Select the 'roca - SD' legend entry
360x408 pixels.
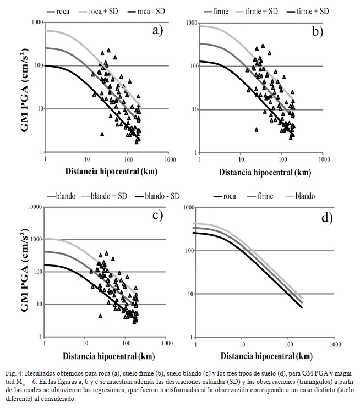[146, 12]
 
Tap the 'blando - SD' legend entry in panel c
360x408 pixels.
[157, 196]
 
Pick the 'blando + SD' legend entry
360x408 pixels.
[104, 196]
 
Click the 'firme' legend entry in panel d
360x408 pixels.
[260, 196]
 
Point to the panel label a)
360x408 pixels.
[157, 31]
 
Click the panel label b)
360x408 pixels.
[318, 31]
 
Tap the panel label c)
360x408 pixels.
[157, 216]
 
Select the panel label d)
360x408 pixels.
[327, 218]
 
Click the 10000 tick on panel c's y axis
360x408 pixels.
[35, 207]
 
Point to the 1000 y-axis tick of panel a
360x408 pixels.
[37, 23]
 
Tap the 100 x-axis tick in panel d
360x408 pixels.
[288, 345]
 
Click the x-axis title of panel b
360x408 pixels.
[265, 172]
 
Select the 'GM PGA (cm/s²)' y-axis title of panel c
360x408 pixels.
[24, 270]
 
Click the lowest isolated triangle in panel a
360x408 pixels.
[102, 134]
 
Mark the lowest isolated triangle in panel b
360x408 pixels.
[257, 130]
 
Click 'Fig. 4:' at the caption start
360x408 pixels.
[15, 374]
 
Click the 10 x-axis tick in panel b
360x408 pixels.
[242, 159]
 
